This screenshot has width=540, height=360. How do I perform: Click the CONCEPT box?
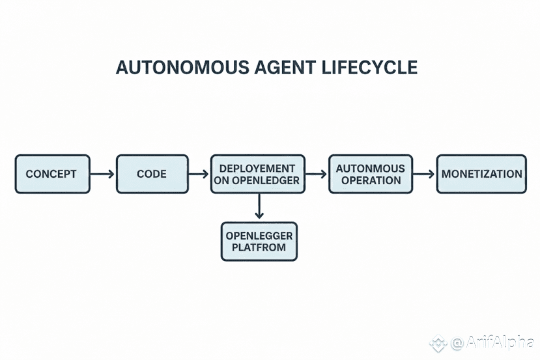(x=52, y=174)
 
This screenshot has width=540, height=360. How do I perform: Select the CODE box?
(x=152, y=174)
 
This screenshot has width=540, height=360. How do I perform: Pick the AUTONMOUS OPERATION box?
(x=370, y=174)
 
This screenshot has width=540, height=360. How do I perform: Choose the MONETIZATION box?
(x=481, y=174)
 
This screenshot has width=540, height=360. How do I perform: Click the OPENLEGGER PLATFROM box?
(x=259, y=242)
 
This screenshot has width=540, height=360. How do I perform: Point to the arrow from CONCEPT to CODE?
(x=103, y=174)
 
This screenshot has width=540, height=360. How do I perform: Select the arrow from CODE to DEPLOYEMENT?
(x=199, y=174)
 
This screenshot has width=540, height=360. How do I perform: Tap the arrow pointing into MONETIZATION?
(x=424, y=174)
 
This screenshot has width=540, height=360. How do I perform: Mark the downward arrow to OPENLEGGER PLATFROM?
(x=259, y=207)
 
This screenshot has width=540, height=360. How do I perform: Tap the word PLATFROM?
(x=259, y=248)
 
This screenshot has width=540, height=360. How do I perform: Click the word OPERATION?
(x=370, y=180)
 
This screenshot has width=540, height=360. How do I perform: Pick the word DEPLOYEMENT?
(x=257, y=168)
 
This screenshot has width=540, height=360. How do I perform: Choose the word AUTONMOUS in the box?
(x=370, y=168)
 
